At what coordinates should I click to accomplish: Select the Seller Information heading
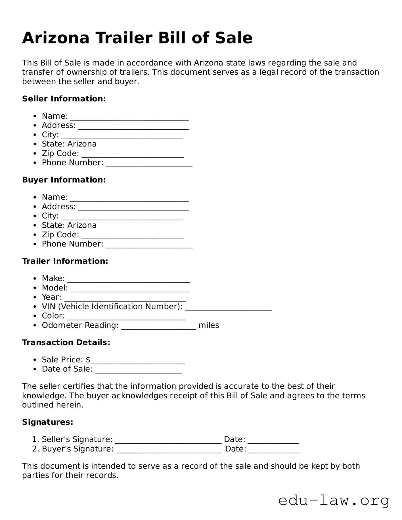(x=64, y=99)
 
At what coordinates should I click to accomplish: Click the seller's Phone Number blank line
(x=149, y=165)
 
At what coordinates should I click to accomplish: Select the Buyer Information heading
(x=64, y=180)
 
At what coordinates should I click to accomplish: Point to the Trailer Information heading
(x=65, y=261)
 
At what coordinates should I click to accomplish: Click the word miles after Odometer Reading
(x=209, y=325)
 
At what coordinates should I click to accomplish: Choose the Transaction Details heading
(x=66, y=343)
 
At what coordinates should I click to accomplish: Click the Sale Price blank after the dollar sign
(x=138, y=362)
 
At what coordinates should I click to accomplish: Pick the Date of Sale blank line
(x=138, y=372)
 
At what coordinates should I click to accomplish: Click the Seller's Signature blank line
(x=168, y=442)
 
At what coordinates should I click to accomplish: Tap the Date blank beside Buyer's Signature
(x=274, y=451)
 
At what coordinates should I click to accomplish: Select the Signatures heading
(x=48, y=422)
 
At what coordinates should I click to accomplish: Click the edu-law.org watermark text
(x=334, y=501)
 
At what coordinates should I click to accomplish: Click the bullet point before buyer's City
(x=35, y=216)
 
